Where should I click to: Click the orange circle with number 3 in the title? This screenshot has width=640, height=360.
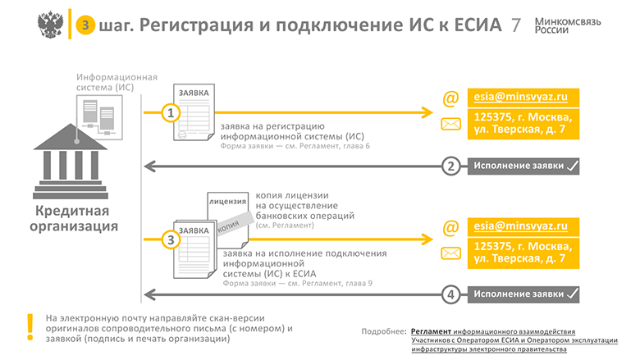82,25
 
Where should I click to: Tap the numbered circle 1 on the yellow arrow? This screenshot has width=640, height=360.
170,113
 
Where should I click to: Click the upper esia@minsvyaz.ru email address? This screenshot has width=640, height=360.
521,97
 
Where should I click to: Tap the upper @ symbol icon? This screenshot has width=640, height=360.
450,98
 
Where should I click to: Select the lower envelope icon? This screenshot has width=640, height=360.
450,253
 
